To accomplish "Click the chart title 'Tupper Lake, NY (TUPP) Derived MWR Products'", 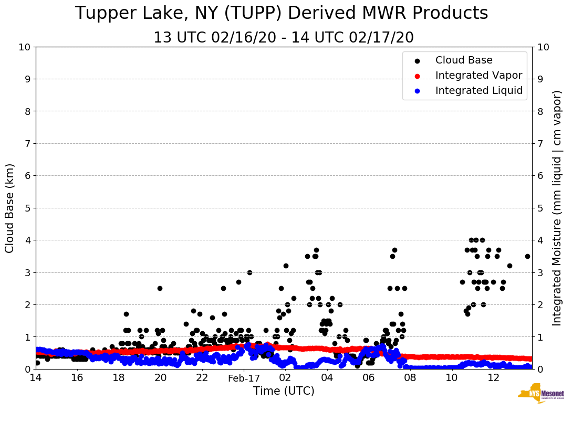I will (x=282, y=14).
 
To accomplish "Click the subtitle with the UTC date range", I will (x=284, y=38).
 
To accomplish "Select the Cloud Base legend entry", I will (x=464, y=60).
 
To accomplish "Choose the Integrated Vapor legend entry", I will (x=479, y=76).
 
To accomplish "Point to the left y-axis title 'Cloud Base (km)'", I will (x=10, y=208).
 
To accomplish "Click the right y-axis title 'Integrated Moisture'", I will (x=557, y=208).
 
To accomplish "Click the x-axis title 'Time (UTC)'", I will (x=284, y=391).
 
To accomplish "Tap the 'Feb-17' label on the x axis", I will (x=244, y=378).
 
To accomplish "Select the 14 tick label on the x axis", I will (x=36, y=378).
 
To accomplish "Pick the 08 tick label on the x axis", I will (x=410, y=378).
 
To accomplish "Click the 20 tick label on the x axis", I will (x=161, y=378).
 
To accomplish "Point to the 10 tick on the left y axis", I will (x=25, y=47).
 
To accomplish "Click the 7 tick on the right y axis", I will (x=539, y=143).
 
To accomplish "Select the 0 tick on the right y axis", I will (x=539, y=369).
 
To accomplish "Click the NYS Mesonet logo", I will (x=541, y=395).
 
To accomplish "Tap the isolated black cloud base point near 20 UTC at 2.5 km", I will (x=160, y=288).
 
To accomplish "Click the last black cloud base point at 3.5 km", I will (x=527, y=256).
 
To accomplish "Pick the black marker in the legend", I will (x=417, y=61).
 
